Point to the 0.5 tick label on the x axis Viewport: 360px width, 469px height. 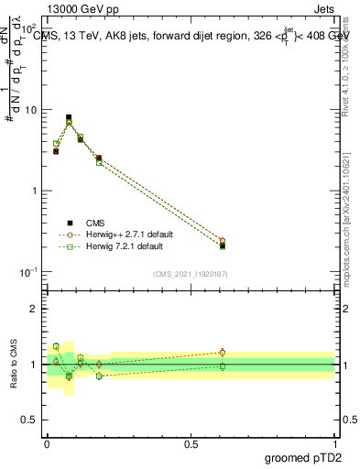[x=191, y=443]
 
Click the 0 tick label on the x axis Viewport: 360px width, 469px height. [x=47, y=443]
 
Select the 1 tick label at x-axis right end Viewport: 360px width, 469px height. [x=334, y=443]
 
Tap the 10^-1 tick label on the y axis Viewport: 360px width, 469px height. [x=28, y=272]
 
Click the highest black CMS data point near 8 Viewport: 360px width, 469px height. [x=69, y=117]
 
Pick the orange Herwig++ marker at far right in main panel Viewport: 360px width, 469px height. [x=223, y=240]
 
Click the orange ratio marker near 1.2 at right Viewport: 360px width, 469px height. [x=223, y=352]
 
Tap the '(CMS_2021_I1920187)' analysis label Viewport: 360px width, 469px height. [x=191, y=275]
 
